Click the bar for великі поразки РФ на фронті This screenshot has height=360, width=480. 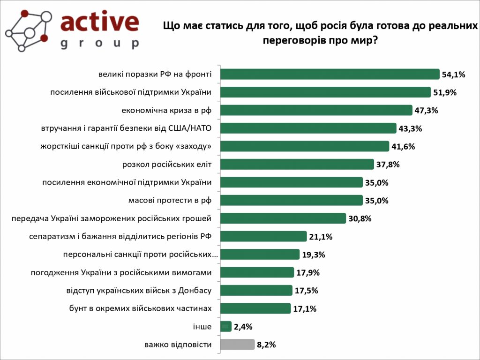coord(330,74)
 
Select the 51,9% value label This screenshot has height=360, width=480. coord(445,92)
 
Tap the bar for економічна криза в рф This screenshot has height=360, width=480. coord(316,110)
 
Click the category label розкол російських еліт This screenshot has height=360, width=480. coord(167,165)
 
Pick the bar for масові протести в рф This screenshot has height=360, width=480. coord(291,201)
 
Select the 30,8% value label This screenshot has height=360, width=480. coord(360,218)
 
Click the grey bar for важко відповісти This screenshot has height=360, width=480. coord(237,345)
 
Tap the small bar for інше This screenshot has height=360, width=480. coord(225,326)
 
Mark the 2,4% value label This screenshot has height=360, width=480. coord(244,327)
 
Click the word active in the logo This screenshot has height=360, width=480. coord(99,23)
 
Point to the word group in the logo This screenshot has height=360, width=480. coord(99,44)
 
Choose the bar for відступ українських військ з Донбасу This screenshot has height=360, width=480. coord(256,291)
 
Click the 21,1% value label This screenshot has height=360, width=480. coord(321,237)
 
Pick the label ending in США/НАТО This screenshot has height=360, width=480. coord(124,128)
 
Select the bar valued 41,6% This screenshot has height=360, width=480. coord(304,146)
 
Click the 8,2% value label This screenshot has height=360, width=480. coord(266,345)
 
